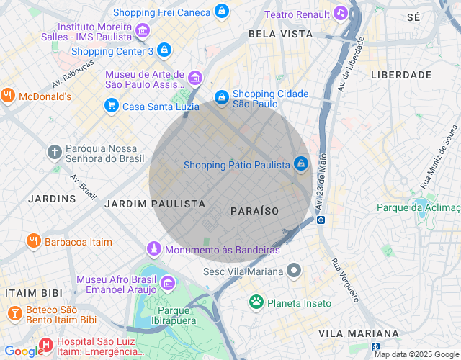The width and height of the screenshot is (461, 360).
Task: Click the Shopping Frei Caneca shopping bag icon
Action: (222, 12)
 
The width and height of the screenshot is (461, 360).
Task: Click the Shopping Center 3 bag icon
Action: (165, 50)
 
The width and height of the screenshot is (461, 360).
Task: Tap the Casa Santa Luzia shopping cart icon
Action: (111, 106)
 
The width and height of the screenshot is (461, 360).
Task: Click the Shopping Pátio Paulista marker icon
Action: (301, 165)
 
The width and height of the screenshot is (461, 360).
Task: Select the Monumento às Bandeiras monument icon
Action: (153, 249)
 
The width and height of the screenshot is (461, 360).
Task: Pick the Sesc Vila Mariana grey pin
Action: (293, 271)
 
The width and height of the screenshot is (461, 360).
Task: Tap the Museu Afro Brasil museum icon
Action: (168, 283)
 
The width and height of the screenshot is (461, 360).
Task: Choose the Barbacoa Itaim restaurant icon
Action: (32, 241)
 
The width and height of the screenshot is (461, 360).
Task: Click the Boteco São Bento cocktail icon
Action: (14, 313)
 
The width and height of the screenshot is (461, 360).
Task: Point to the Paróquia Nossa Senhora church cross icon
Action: (54, 152)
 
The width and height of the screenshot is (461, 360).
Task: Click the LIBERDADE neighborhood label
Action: (401, 74)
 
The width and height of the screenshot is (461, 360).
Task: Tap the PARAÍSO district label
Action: (254, 210)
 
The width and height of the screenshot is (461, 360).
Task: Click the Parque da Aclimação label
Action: (418, 207)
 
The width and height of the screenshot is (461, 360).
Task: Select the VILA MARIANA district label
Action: (358, 333)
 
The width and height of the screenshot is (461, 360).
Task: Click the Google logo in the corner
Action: (23, 351)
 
